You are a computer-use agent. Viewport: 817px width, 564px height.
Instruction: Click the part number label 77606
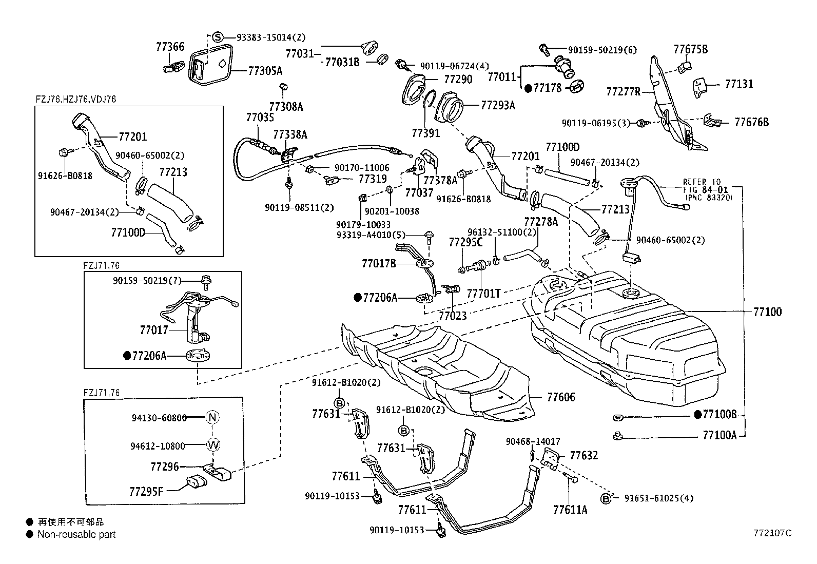(561, 397)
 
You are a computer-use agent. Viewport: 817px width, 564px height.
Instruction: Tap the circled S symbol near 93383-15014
(218, 37)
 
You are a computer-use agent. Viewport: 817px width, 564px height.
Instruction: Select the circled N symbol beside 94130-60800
(212, 417)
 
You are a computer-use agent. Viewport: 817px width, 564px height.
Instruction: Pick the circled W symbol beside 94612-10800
(213, 445)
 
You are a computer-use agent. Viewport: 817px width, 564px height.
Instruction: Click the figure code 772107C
(772, 533)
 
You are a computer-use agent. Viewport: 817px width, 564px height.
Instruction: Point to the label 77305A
(265, 71)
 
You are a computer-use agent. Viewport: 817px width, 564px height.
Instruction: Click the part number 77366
(170, 47)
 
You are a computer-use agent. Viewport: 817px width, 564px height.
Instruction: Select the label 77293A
(498, 105)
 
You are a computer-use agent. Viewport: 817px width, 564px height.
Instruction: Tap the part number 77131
(739, 84)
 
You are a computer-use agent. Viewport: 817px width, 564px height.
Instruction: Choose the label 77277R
(624, 91)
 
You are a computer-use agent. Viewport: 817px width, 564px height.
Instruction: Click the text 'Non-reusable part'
(76, 534)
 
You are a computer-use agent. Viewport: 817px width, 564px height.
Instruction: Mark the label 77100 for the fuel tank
(767, 312)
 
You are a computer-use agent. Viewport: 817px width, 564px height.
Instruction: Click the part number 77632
(584, 456)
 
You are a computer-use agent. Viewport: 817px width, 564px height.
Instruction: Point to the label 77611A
(570, 510)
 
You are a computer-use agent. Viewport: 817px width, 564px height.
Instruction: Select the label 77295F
(146, 492)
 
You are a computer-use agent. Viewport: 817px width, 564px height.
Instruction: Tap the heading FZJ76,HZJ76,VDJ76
(76, 99)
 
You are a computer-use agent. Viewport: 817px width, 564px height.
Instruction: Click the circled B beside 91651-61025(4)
(606, 499)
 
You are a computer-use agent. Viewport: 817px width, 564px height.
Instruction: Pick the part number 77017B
(379, 263)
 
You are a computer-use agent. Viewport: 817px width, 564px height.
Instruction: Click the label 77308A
(286, 107)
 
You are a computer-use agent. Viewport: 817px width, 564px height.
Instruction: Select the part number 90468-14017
(533, 441)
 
